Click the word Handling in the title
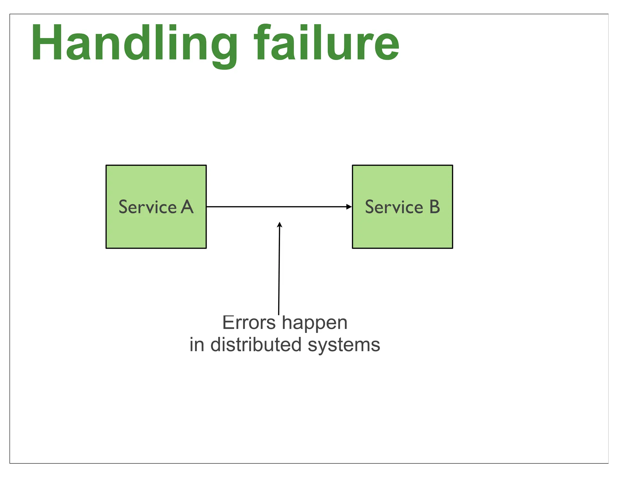coord(134,44)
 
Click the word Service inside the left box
coord(148,207)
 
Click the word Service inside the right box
coord(394,207)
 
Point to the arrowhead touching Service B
coord(349,207)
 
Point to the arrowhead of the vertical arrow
coord(280,224)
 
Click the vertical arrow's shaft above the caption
coord(279,271)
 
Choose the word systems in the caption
coord(344,345)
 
